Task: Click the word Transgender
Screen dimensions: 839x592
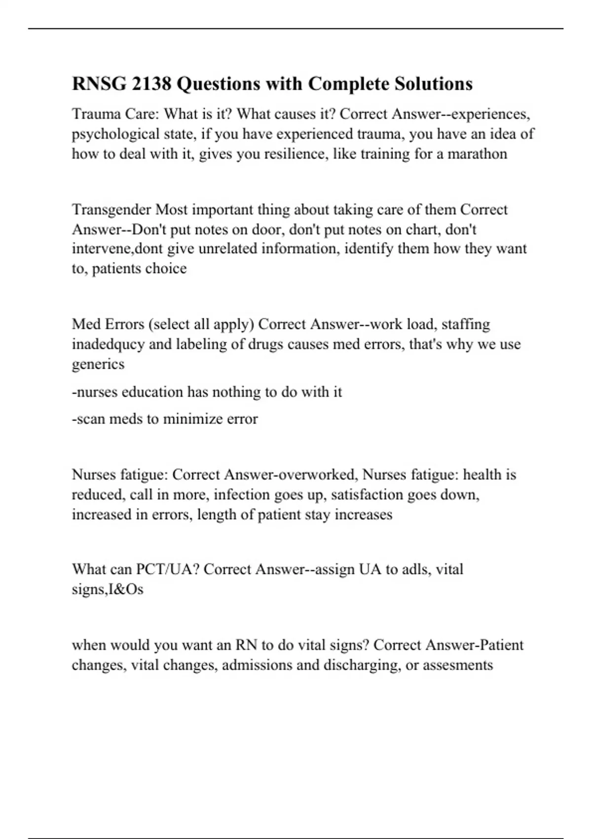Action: click(111, 210)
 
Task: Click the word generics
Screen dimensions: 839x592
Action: click(98, 364)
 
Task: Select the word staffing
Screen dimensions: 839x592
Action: click(466, 324)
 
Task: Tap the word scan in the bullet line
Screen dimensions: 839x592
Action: click(90, 419)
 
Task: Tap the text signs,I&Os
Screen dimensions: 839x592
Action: click(108, 589)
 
